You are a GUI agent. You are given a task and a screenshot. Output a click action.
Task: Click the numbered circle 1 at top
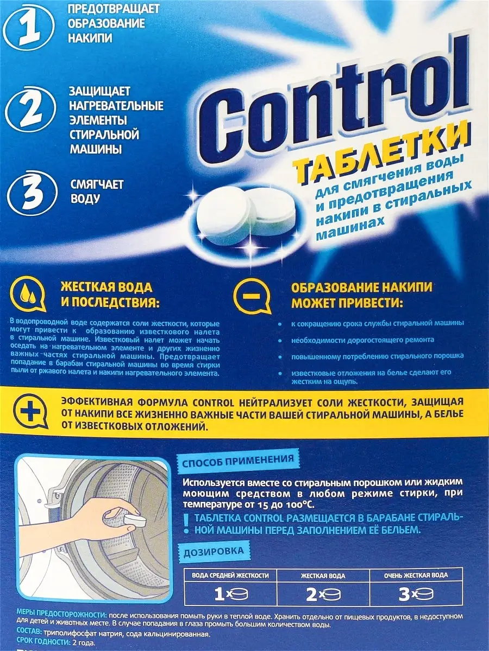31,29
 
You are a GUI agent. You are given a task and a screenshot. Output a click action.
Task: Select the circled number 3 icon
32,193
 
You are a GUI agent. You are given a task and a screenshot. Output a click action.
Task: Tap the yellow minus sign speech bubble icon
252,296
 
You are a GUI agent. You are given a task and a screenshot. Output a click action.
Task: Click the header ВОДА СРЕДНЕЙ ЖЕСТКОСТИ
230,576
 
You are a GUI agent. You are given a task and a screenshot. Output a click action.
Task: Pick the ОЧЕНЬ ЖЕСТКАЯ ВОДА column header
416,576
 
